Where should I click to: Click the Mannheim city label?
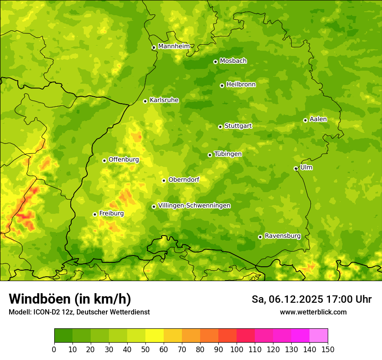click(174, 46)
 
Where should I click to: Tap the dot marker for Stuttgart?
click(220, 127)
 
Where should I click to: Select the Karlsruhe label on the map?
click(164, 100)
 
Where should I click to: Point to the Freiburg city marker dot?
click(95, 214)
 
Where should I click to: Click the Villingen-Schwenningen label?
click(194, 206)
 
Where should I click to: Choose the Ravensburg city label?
click(283, 236)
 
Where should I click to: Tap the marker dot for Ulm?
click(296, 168)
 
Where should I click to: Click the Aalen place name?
click(318, 119)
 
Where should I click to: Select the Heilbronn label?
click(241, 85)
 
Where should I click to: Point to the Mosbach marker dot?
click(215, 62)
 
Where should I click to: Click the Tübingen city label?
click(228, 154)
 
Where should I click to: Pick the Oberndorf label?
click(184, 180)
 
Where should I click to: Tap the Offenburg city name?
click(124, 160)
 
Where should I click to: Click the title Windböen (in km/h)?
click(70, 299)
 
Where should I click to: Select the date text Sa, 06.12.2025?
click(287, 299)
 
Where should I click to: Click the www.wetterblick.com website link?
click(313, 312)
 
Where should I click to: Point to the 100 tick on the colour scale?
click(237, 349)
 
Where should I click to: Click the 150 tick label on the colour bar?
click(328, 349)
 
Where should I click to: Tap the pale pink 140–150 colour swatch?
click(319, 336)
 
